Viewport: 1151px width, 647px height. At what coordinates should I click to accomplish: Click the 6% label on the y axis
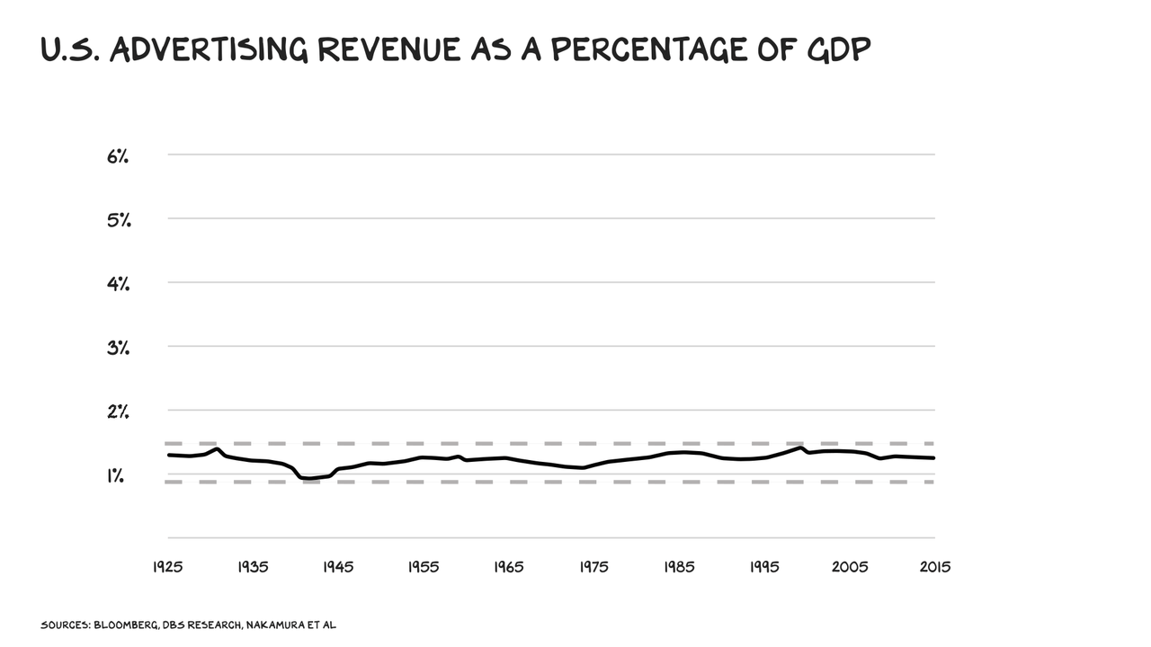coord(118,156)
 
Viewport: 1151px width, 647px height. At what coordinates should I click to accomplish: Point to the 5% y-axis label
coord(118,220)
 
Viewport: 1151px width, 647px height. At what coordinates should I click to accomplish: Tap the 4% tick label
coord(118,284)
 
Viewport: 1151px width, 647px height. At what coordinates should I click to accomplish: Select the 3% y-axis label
coord(118,348)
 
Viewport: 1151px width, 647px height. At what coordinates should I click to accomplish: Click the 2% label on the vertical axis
coord(118,412)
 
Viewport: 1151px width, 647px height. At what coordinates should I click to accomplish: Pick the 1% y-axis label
coord(115,475)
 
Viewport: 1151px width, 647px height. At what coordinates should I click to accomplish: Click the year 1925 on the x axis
coord(167,568)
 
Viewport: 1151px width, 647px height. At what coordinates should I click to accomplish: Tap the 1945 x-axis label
coord(338,568)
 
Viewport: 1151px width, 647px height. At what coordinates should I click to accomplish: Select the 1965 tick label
coord(508,568)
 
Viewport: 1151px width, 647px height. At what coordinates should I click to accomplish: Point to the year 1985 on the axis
coord(679,568)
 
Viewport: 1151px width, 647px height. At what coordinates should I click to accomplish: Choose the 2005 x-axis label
coord(850,568)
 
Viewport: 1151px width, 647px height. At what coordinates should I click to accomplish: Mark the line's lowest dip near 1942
coord(310,479)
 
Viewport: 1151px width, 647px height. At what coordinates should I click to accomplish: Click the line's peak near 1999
coord(800,448)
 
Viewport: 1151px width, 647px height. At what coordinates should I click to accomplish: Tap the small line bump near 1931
coord(217,448)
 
